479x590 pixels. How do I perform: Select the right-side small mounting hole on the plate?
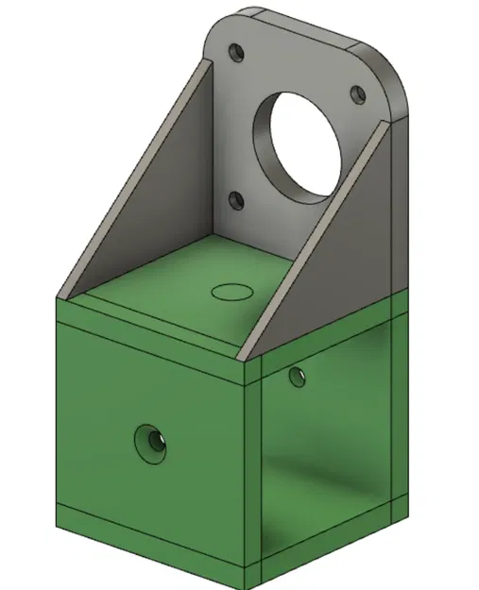pos(357,94)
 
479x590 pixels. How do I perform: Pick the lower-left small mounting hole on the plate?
pos(234,200)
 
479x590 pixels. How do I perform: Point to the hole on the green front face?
pos(149,440)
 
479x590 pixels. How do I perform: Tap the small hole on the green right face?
pos(298,378)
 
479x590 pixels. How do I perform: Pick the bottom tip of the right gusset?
pos(244,357)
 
